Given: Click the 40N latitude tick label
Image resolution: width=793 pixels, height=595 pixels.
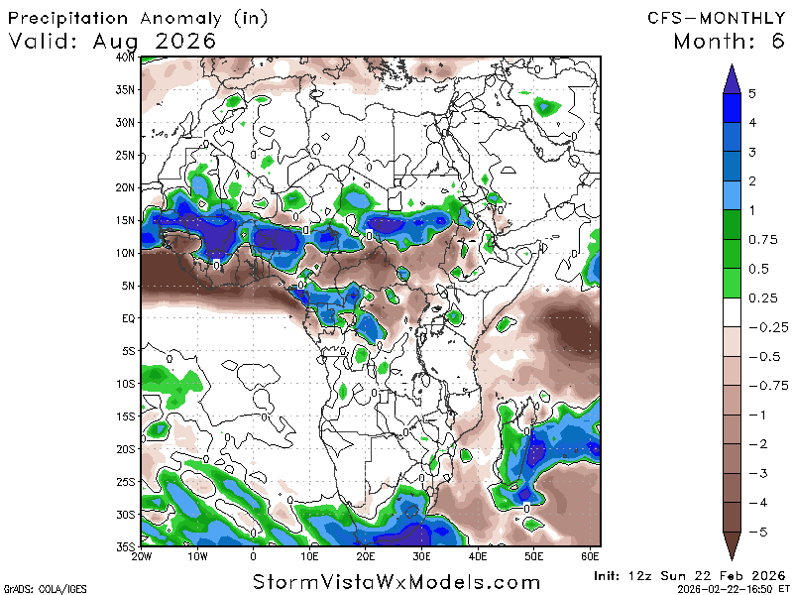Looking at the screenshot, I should (125, 58).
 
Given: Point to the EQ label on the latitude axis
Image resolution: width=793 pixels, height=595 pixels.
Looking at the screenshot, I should (128, 318).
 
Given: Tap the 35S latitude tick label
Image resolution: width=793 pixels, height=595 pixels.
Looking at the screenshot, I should (125, 546).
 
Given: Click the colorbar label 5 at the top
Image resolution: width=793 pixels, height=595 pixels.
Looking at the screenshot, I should (753, 94).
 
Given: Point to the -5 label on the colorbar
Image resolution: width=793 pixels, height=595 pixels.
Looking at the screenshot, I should (756, 533).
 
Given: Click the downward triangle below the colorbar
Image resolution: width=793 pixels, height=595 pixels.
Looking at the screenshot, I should (731, 547).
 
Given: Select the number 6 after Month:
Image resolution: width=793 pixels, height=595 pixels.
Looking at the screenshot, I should (774, 42).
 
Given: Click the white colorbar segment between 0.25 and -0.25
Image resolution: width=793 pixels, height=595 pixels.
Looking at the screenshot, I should (731, 312).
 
